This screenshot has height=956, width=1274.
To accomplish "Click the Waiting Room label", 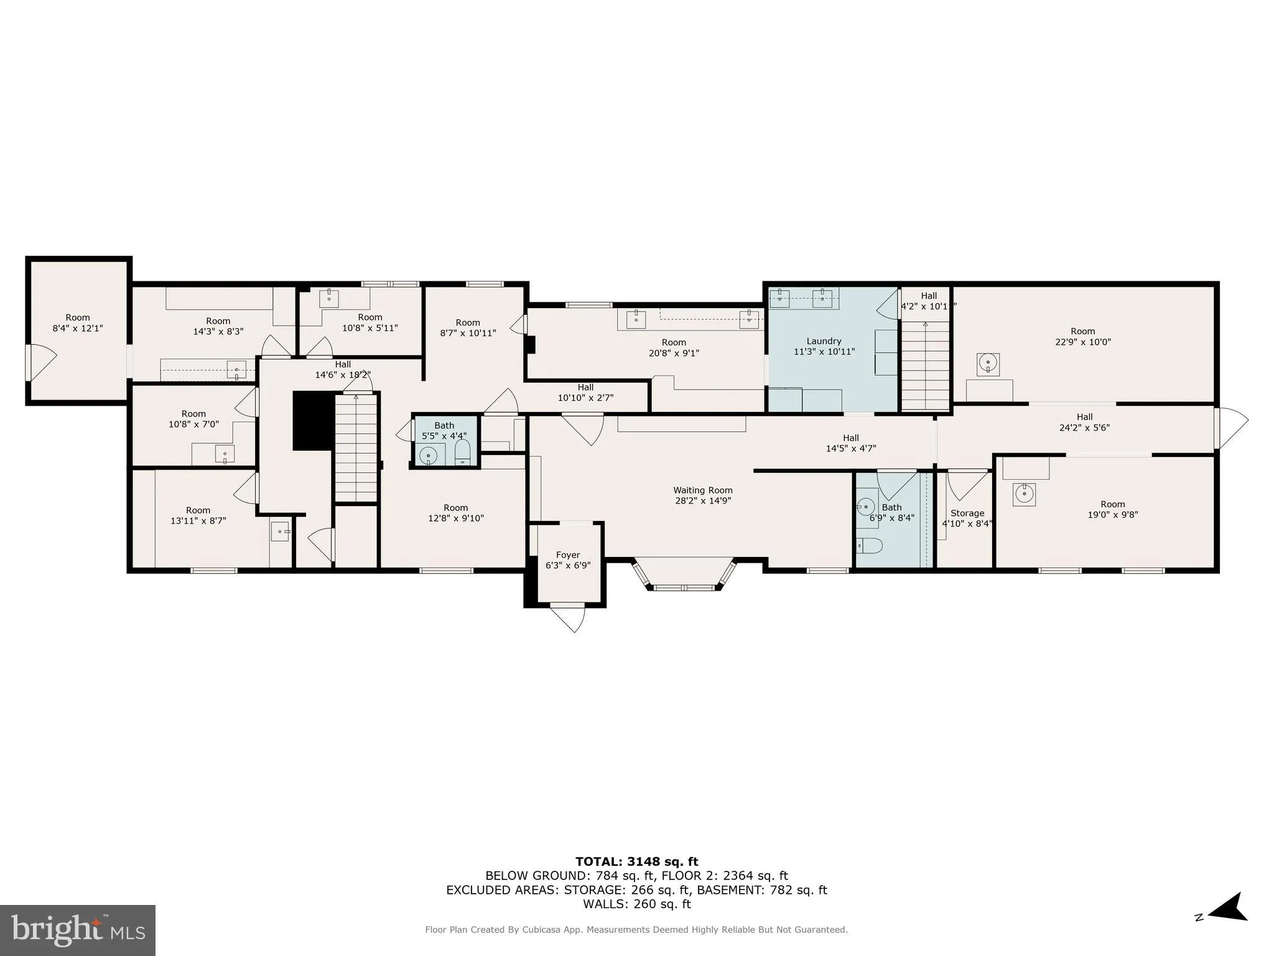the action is pyautogui.click(x=703, y=490).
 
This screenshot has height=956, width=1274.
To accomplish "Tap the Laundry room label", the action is pyautogui.click(x=824, y=341).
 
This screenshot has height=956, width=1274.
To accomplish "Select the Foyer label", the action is pyautogui.click(x=567, y=555).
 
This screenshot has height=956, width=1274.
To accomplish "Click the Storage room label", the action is pyautogui.click(x=967, y=513).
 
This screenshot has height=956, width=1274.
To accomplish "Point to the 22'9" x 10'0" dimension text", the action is pyautogui.click(x=1083, y=342).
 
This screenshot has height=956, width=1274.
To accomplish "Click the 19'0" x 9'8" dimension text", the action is pyautogui.click(x=1113, y=515).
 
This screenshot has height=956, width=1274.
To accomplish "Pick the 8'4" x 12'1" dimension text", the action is pyautogui.click(x=78, y=328).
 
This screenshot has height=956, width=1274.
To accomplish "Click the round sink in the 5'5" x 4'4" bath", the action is pyautogui.click(x=428, y=456).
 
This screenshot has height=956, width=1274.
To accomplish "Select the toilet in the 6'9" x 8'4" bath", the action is pyautogui.click(x=869, y=546).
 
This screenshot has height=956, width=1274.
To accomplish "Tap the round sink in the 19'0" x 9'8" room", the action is pyautogui.click(x=1023, y=494).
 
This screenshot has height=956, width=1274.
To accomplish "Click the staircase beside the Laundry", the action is pyautogui.click(x=926, y=365).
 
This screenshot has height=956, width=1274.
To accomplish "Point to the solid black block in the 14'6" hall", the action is pyautogui.click(x=314, y=420).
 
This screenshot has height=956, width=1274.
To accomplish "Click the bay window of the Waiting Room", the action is pyautogui.click(x=684, y=574).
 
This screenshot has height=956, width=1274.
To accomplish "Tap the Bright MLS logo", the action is pyautogui.click(x=78, y=930).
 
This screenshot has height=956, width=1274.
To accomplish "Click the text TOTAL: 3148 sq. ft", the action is pyautogui.click(x=636, y=862).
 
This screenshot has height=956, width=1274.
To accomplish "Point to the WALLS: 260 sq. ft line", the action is pyautogui.click(x=636, y=904).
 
